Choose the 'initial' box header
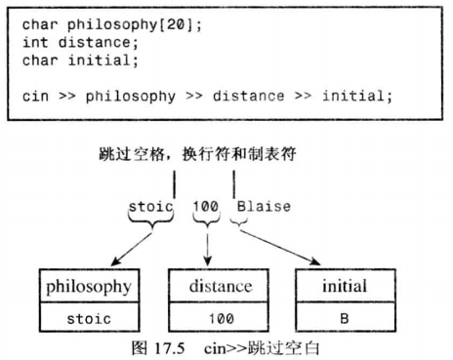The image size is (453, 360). (344, 286)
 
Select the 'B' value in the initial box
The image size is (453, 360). (344, 318)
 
